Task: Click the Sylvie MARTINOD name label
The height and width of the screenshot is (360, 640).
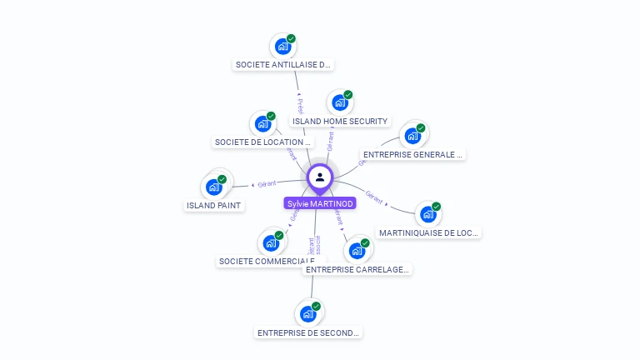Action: [x=320, y=203]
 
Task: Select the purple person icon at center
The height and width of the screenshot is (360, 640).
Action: [x=320, y=177]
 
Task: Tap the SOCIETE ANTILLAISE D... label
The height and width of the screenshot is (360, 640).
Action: [x=283, y=64]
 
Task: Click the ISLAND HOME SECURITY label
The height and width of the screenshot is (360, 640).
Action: [x=340, y=121]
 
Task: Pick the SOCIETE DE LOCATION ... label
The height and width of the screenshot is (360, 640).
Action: [x=262, y=142]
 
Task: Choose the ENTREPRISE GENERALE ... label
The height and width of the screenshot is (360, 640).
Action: [x=413, y=154]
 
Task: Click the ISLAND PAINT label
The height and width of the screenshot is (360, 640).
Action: [x=214, y=205]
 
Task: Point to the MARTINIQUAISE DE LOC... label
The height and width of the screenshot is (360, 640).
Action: [x=428, y=232]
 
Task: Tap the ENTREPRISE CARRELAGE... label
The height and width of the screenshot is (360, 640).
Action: [x=357, y=269]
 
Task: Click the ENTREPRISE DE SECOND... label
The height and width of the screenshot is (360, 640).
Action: [x=308, y=332]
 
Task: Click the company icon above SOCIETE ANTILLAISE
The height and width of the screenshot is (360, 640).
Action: [x=282, y=46]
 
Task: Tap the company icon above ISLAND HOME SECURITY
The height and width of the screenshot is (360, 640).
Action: [x=339, y=102]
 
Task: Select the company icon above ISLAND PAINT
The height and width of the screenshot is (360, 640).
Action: [x=214, y=187]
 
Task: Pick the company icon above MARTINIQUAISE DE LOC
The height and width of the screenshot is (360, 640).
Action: [x=427, y=214]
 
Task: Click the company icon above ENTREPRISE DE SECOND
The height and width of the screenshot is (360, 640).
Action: [x=307, y=314]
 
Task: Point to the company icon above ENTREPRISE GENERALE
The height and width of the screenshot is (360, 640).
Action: [x=412, y=136]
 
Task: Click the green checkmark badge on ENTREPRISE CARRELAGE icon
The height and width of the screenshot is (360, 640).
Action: [x=365, y=243]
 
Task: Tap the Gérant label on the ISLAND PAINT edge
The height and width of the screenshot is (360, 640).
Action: [x=267, y=183]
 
